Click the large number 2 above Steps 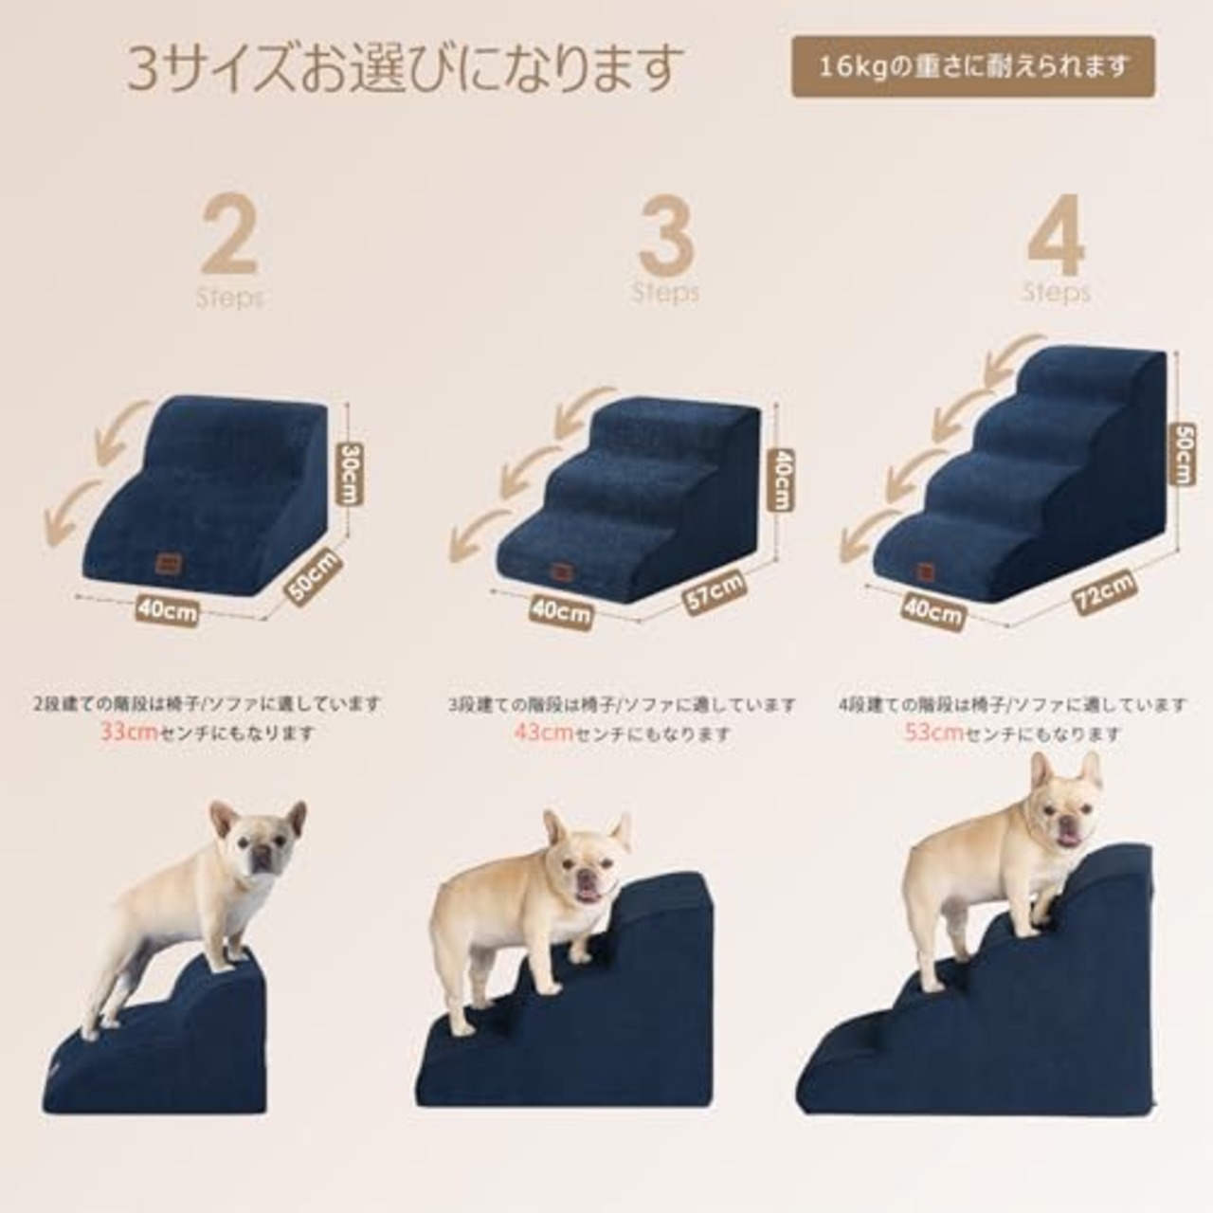tap(228, 234)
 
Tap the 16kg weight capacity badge tap(973, 66)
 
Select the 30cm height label tap(353, 474)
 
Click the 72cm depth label tap(1104, 595)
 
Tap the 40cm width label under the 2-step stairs tap(167, 609)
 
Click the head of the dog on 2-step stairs tap(258, 841)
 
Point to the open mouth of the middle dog tap(588, 893)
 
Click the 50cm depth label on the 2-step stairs tap(313, 578)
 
